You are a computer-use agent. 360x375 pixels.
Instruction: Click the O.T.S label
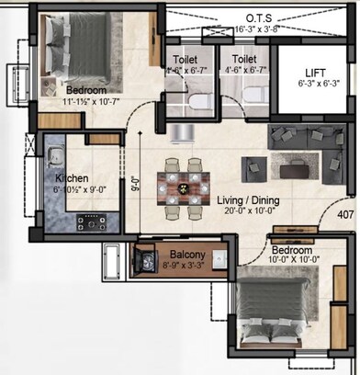pyautogui.click(x=255, y=17)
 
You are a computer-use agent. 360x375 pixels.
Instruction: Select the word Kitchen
pyautogui.click(x=71, y=178)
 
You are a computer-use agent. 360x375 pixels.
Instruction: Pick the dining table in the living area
pyautogui.click(x=183, y=184)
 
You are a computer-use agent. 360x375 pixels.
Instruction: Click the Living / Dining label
pyautogui.click(x=253, y=199)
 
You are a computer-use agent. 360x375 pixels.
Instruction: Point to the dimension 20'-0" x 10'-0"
pyautogui.click(x=253, y=210)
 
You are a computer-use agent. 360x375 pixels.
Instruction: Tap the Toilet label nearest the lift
pyautogui.click(x=243, y=59)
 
